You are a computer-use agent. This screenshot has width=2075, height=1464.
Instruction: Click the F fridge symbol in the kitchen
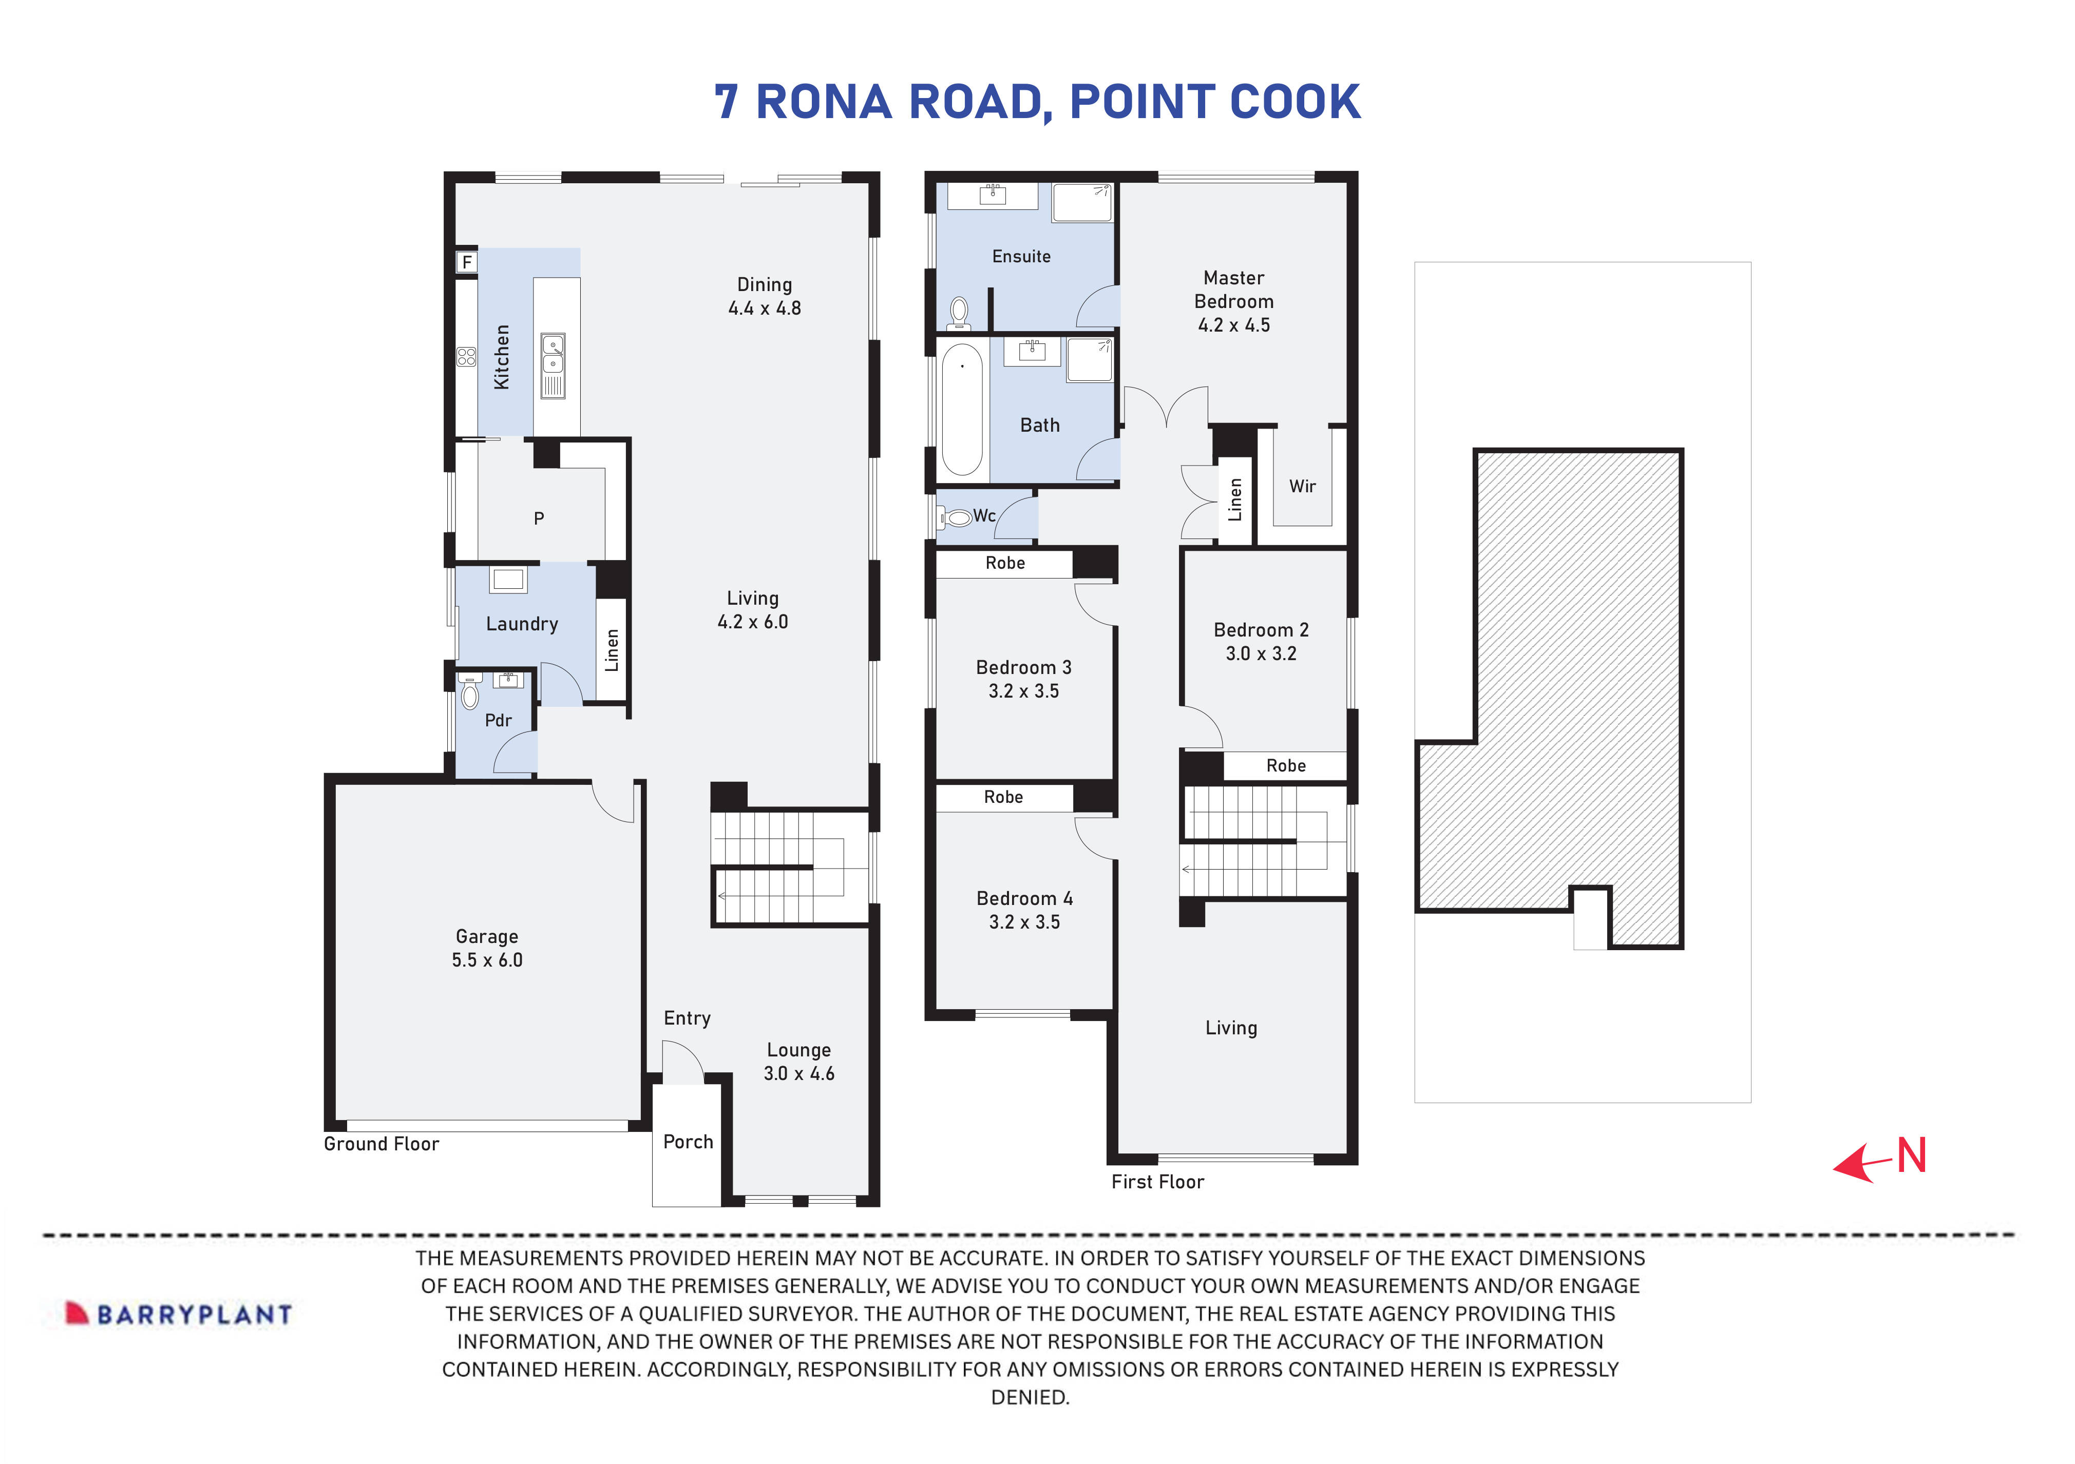pos(466,262)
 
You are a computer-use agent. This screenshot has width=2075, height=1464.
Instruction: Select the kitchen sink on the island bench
pos(552,354)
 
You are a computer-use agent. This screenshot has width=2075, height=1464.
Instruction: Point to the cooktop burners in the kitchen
pos(466,357)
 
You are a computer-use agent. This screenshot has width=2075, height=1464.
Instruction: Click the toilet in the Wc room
pos(955,518)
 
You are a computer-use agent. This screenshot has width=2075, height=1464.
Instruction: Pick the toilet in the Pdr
pos(469,693)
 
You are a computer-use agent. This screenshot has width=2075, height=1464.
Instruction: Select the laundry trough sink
pos(508,579)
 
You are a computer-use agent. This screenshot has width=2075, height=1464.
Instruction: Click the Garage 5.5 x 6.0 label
pos(487,948)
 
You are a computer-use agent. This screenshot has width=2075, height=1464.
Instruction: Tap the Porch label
pos(688,1142)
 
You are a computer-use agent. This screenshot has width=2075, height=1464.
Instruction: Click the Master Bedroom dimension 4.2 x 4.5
pos(1233,325)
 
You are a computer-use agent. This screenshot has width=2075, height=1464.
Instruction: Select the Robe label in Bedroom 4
pos(1003,797)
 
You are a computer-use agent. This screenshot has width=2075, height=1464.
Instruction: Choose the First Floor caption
pos(1158,1182)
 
